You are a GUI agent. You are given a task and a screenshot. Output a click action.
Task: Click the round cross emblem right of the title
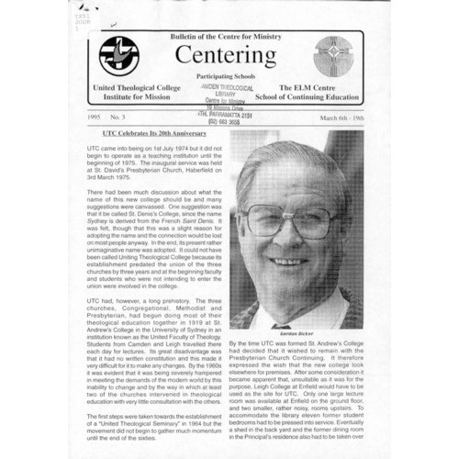[x=331, y=56]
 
